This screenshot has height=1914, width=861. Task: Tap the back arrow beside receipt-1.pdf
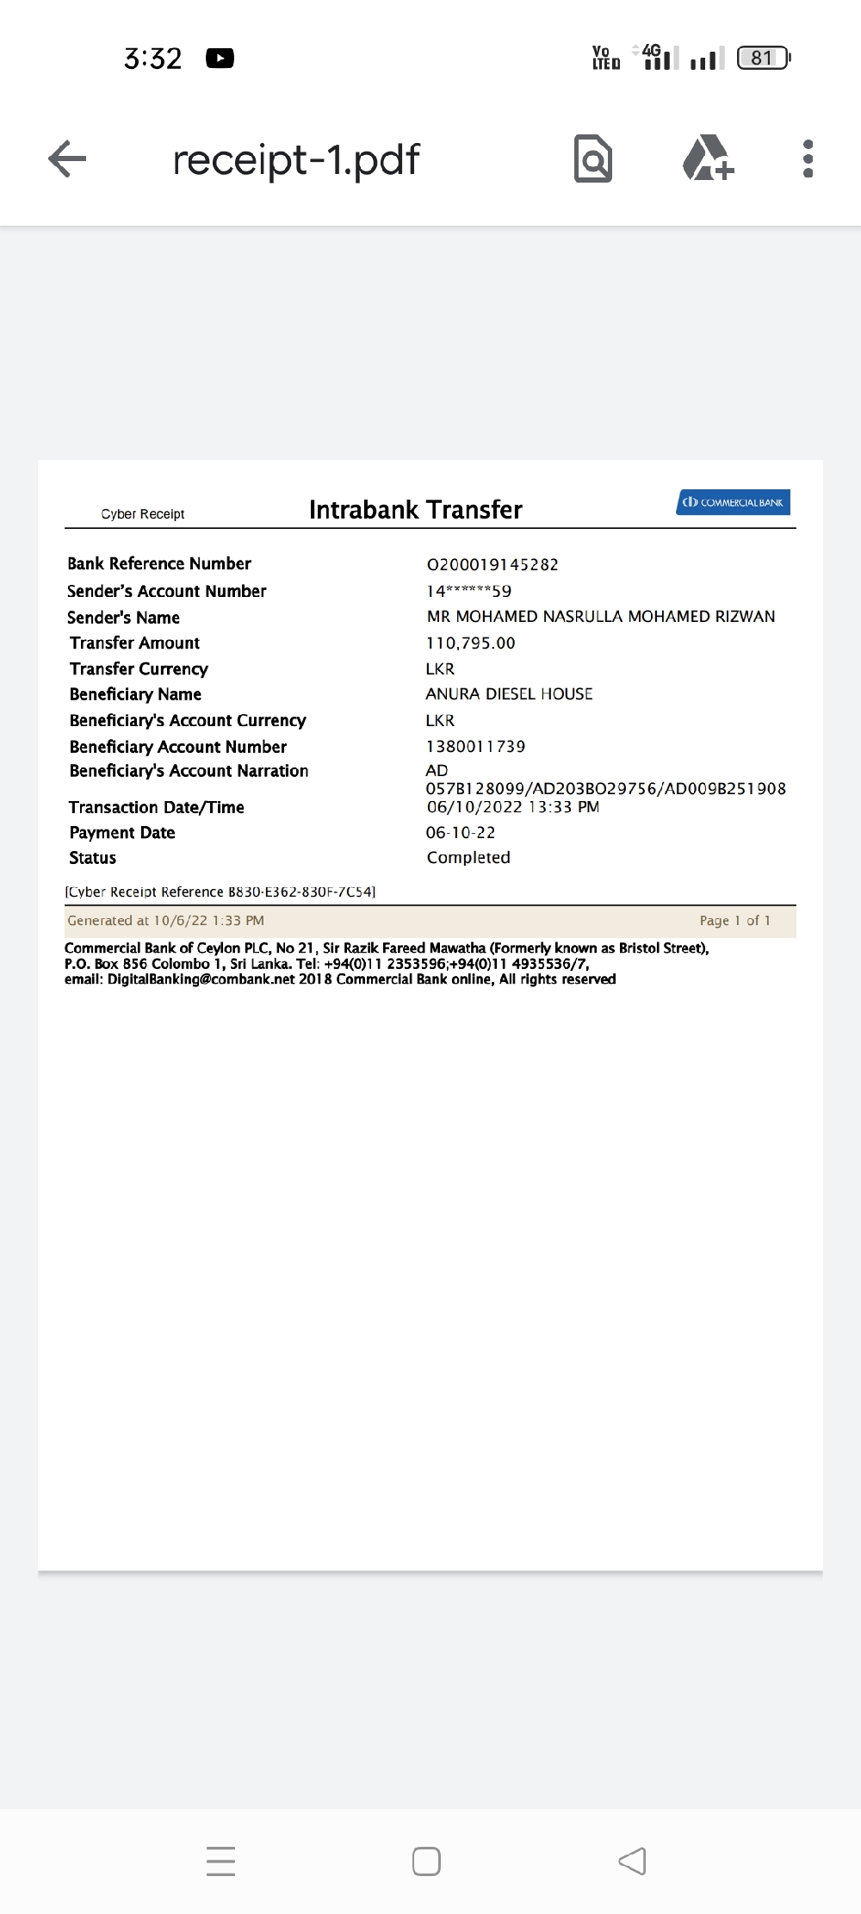(67, 158)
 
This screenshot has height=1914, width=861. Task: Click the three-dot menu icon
(808, 158)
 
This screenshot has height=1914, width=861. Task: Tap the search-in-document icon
(593, 158)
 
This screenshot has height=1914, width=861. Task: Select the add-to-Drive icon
(708, 158)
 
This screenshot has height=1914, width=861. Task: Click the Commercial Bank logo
(733, 502)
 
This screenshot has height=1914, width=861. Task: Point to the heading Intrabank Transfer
(415, 510)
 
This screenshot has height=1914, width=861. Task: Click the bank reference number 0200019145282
(492, 565)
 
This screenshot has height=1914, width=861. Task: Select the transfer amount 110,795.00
(470, 643)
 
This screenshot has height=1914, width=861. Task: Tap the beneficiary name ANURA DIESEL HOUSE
(509, 694)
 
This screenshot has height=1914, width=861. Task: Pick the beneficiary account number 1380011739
(475, 747)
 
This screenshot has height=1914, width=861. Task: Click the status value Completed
(468, 858)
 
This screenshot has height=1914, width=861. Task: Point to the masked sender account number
(468, 592)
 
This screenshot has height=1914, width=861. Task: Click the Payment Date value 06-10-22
(461, 833)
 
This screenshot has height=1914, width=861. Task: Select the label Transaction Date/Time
(157, 807)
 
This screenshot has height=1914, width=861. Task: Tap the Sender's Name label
(124, 618)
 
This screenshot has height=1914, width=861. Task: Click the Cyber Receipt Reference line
(220, 892)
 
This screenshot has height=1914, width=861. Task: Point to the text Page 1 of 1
(734, 921)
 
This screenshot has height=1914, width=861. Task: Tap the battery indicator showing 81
(763, 59)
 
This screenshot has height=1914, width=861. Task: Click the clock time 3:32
(152, 59)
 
